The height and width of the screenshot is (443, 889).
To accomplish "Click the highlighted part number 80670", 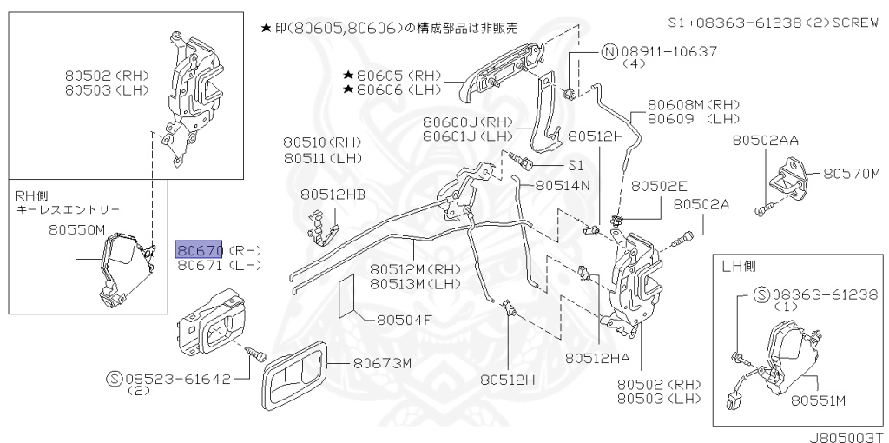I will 201,250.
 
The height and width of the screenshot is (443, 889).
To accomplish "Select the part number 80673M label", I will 381,364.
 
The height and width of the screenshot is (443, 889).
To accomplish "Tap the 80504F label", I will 404,320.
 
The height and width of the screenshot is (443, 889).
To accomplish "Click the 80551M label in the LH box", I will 819,400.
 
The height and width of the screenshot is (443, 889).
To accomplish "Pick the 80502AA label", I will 765,140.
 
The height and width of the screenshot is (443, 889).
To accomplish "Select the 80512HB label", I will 333,195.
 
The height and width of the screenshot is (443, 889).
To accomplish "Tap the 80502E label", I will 659,186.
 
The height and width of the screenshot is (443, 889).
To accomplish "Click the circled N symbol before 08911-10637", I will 609,52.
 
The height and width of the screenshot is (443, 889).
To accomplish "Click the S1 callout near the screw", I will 577,164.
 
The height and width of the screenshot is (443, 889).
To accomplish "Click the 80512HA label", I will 603,357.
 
